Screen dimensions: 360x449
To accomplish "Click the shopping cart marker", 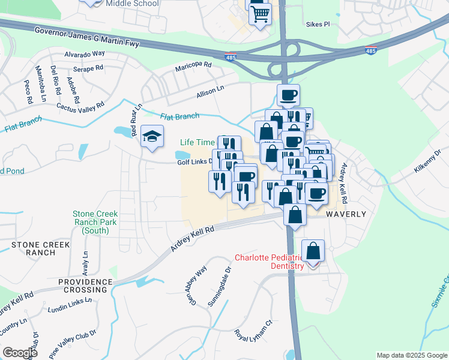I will tap(261, 14).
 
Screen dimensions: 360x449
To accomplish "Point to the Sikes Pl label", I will tap(319, 25).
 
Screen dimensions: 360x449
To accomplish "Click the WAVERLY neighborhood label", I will tap(346, 214).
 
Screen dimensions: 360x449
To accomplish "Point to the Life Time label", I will tap(197, 142).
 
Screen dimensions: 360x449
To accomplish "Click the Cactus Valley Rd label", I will tap(80, 108).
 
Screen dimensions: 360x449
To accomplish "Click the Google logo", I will tap(20, 353).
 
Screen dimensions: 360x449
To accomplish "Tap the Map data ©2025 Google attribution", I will tap(411, 355).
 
